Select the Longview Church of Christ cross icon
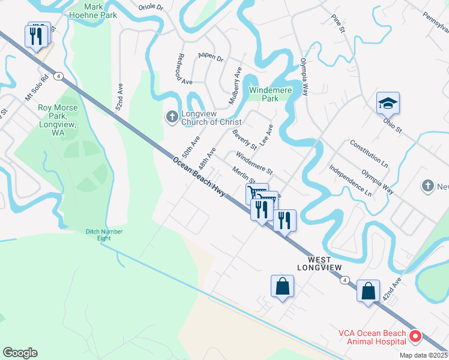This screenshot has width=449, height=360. pyautogui.click(x=172, y=116)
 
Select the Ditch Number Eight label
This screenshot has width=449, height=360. pyautogui.click(x=104, y=235)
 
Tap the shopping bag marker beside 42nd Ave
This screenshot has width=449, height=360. pyautogui.click(x=368, y=292)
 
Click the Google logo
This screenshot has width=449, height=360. pyautogui.click(x=20, y=353)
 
